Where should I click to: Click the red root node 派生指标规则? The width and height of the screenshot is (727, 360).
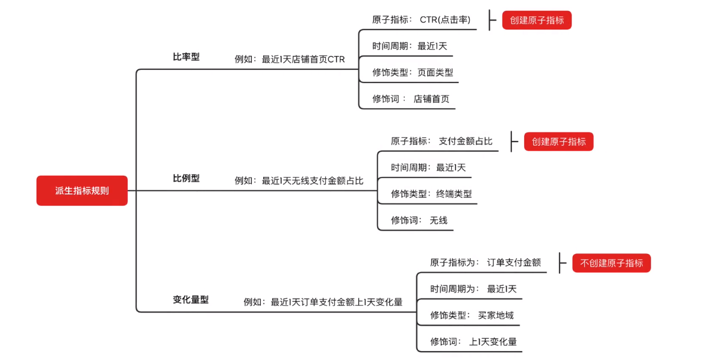click(x=82, y=191)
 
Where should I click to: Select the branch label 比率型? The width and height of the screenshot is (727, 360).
click(x=186, y=57)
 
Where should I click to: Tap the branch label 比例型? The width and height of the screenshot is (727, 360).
click(x=186, y=179)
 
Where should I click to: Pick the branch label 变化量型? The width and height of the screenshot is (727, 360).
click(x=190, y=300)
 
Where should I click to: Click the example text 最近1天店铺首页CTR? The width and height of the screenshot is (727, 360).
click(x=290, y=60)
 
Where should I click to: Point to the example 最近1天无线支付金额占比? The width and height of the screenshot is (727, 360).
click(x=299, y=181)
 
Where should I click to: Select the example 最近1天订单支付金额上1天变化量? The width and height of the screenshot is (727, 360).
click(x=323, y=302)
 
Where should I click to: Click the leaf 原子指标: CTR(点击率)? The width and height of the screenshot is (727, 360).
click(x=421, y=20)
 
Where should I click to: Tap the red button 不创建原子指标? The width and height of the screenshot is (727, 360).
click(x=611, y=263)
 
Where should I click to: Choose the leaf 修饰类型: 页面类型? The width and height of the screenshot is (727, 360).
click(x=413, y=72)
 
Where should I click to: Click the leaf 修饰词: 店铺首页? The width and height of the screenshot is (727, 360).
click(x=411, y=99)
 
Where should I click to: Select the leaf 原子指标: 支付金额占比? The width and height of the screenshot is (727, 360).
click(x=442, y=141)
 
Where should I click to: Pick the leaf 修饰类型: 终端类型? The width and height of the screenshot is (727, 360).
click(x=431, y=194)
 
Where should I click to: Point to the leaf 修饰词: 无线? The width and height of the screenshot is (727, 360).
click(x=419, y=220)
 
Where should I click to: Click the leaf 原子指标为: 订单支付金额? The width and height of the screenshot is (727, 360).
click(x=485, y=262)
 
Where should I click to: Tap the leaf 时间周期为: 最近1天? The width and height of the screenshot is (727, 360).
click(x=473, y=289)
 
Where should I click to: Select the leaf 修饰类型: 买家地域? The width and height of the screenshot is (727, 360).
click(x=472, y=315)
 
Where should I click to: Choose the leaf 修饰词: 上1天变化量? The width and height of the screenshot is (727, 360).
click(x=473, y=342)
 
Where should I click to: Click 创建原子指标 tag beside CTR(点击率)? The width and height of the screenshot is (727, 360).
click(x=537, y=20)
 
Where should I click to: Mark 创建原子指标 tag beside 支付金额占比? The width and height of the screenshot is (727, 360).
click(x=558, y=141)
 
